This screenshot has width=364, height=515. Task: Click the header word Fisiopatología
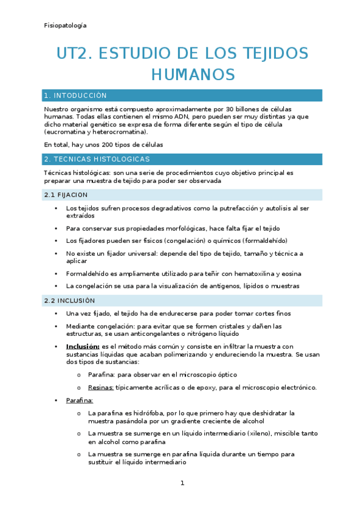pyautogui.click(x=66, y=26)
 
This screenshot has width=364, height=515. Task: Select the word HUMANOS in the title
pyautogui.click(x=192, y=74)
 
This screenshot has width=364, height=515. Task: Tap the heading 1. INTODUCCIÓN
pyautogui.click(x=75, y=96)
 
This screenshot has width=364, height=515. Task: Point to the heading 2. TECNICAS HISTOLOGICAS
pyautogui.click(x=97, y=159)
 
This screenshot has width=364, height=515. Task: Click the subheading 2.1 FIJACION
pyautogui.click(x=66, y=195)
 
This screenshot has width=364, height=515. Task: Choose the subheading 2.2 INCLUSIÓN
pyautogui.click(x=70, y=301)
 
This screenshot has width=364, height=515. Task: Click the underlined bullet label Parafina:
pyautogui.click(x=80, y=401)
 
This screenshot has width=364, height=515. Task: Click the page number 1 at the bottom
pyautogui.click(x=182, y=483)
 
